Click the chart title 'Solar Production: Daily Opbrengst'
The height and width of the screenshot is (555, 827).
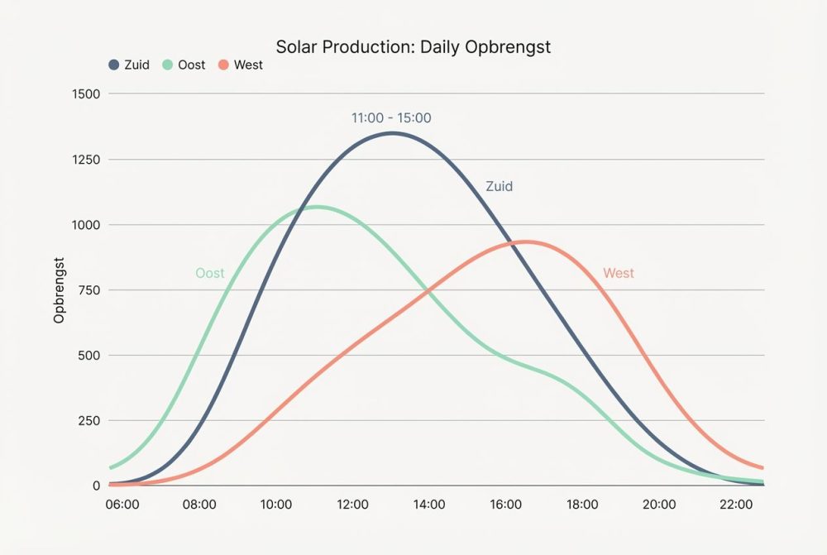(413, 46)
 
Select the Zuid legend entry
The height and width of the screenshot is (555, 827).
(129, 65)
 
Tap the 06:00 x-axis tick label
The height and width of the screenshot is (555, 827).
(122, 505)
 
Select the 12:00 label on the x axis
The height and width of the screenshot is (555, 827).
(352, 505)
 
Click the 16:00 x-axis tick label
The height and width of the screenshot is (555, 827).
(505, 505)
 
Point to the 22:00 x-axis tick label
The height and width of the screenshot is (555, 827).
(735, 505)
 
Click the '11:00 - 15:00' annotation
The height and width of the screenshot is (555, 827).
(391, 118)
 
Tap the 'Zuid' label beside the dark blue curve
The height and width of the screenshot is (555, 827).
(499, 187)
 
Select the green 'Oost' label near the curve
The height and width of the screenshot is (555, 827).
(209, 273)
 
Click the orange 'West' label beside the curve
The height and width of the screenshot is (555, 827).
(619, 273)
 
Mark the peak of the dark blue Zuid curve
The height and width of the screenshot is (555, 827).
(391, 133)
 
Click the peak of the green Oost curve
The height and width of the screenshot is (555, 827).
(316, 207)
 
